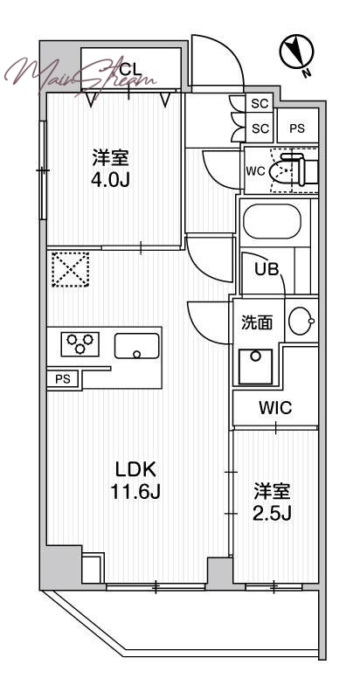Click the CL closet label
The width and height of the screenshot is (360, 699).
(x=131, y=69)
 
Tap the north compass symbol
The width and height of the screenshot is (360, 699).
(x=297, y=52)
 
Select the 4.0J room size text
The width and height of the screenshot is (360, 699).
(x=111, y=180)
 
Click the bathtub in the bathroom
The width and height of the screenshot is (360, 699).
(x=273, y=222)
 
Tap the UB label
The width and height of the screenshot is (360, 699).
(x=267, y=269)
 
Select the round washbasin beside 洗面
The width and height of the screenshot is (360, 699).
(x=301, y=321)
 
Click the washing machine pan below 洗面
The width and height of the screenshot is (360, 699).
(x=255, y=366)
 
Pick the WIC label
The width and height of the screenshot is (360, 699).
(x=275, y=407)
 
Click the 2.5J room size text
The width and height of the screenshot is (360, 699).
(x=273, y=515)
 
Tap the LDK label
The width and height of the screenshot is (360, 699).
(x=135, y=469)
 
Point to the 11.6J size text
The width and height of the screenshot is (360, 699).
(x=135, y=492)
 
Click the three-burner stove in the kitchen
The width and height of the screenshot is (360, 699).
(x=80, y=344)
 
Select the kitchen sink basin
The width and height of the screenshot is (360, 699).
(x=137, y=346)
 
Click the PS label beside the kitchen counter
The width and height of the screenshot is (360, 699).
(x=63, y=379)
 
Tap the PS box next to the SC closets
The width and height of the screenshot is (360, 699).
(x=298, y=128)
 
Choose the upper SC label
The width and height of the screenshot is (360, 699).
(x=260, y=104)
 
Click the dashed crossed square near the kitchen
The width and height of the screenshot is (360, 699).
(x=71, y=269)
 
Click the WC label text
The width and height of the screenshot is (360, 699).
(x=256, y=170)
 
